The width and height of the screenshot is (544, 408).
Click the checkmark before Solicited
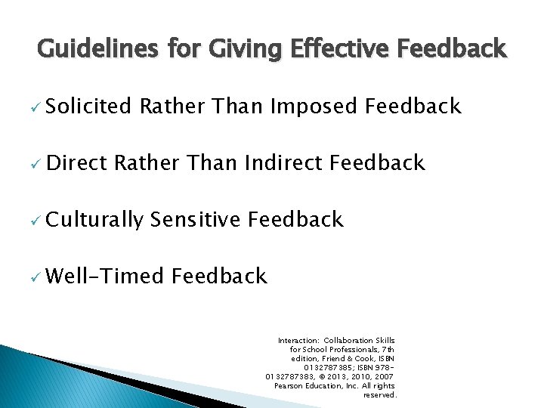click(33, 107)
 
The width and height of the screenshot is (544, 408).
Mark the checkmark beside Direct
click(33, 163)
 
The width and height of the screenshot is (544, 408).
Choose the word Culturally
click(94, 220)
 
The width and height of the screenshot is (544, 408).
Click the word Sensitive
click(195, 220)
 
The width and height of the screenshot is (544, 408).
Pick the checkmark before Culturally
click(33, 221)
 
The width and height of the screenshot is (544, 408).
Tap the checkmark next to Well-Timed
click(33, 277)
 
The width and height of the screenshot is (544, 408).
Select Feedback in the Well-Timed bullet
click(219, 276)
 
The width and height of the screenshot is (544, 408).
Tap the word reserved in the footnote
click(379, 395)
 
